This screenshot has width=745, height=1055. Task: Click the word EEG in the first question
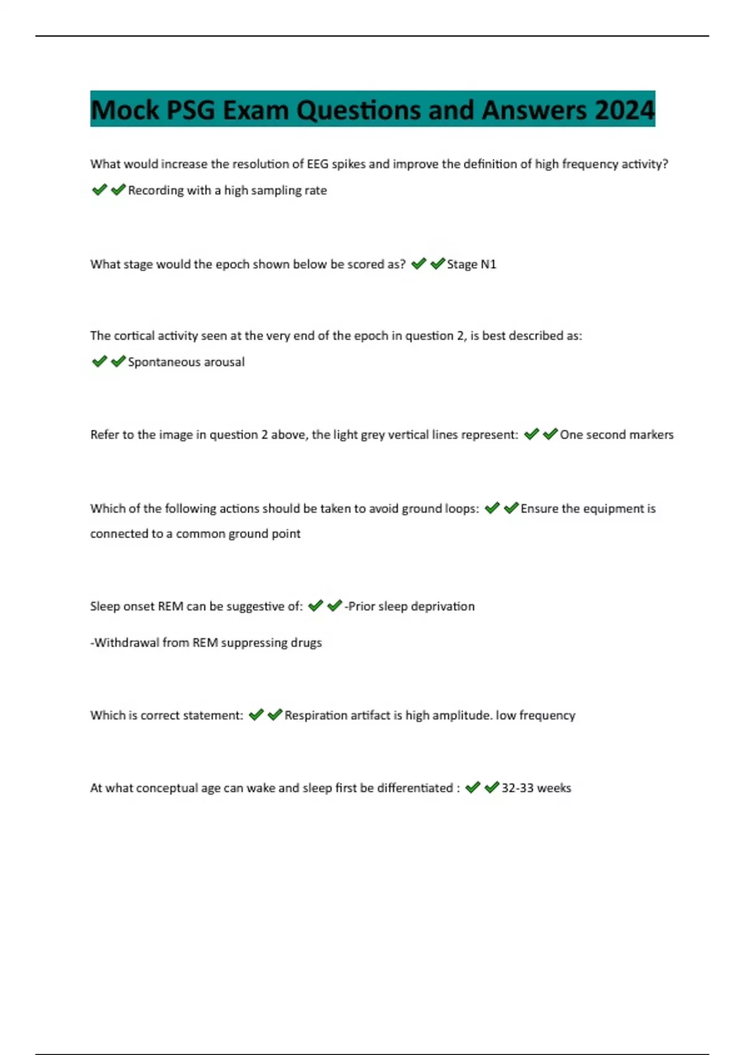point(318,164)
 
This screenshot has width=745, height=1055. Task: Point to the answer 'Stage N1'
point(471,264)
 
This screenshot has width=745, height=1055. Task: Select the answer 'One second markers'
point(616,435)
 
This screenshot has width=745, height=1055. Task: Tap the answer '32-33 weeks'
point(536,788)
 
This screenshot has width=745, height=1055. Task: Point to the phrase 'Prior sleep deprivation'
point(410,606)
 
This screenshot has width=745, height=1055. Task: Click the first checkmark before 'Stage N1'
point(418,264)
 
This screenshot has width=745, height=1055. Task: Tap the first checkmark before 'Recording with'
point(99,190)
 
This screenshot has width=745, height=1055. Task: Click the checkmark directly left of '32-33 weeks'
point(492,788)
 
